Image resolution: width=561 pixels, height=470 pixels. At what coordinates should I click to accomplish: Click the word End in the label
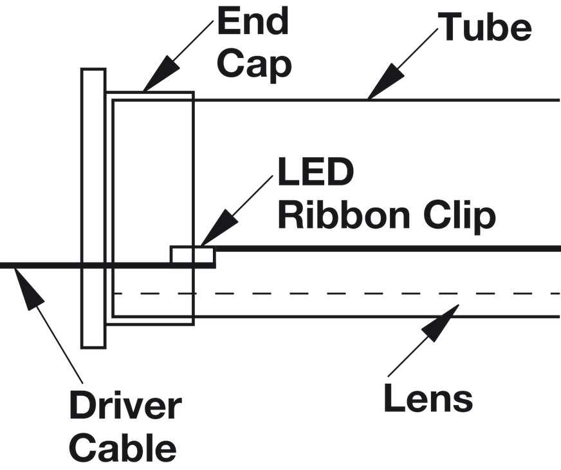(x=253, y=22)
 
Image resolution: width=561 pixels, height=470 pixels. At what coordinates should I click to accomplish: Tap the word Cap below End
(x=255, y=64)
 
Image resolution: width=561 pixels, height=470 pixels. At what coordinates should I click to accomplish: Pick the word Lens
(x=428, y=399)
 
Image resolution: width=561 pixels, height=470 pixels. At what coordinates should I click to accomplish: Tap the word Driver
(x=125, y=407)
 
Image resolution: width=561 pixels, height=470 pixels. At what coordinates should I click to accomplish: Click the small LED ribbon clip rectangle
(x=192, y=256)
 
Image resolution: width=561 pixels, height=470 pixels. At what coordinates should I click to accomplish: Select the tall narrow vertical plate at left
(x=93, y=206)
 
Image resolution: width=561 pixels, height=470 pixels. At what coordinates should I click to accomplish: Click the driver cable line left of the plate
(x=39, y=265)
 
